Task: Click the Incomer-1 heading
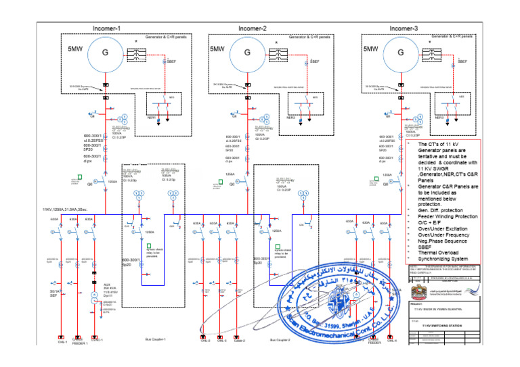(x=107, y=28)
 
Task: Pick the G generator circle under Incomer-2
(x=248, y=53)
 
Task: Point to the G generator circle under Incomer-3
(x=400, y=53)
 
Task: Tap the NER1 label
(x=152, y=118)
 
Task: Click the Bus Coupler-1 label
(x=156, y=341)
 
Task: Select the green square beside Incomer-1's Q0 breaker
(x=79, y=178)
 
